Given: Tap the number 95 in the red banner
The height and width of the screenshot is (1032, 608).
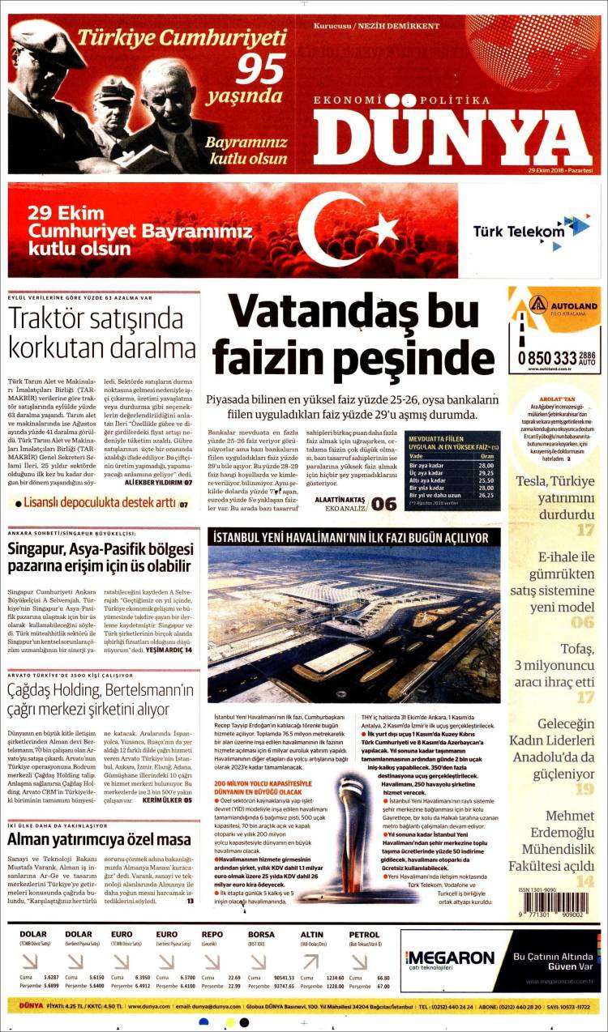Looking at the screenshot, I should tap(260, 70).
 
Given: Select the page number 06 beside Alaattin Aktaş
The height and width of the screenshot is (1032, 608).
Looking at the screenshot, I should tap(383, 504).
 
